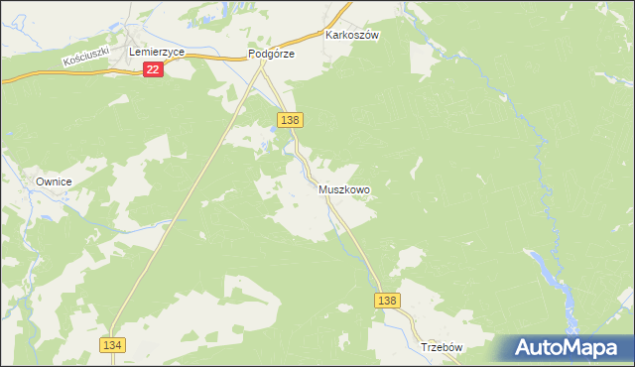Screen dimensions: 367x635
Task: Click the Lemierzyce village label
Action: click(x=158, y=50)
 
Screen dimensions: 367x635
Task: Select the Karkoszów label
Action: click(x=353, y=34)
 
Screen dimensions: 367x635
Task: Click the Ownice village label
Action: click(x=56, y=183)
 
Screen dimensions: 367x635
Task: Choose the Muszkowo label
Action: click(x=344, y=188)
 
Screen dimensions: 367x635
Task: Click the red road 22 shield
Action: click(x=152, y=69)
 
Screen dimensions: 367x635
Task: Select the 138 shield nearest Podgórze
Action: click(x=290, y=119)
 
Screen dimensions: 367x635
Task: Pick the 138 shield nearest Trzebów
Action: click(x=388, y=301)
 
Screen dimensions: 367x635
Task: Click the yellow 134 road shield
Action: click(x=112, y=343)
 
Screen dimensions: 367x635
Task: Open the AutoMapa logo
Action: click(x=564, y=348)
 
